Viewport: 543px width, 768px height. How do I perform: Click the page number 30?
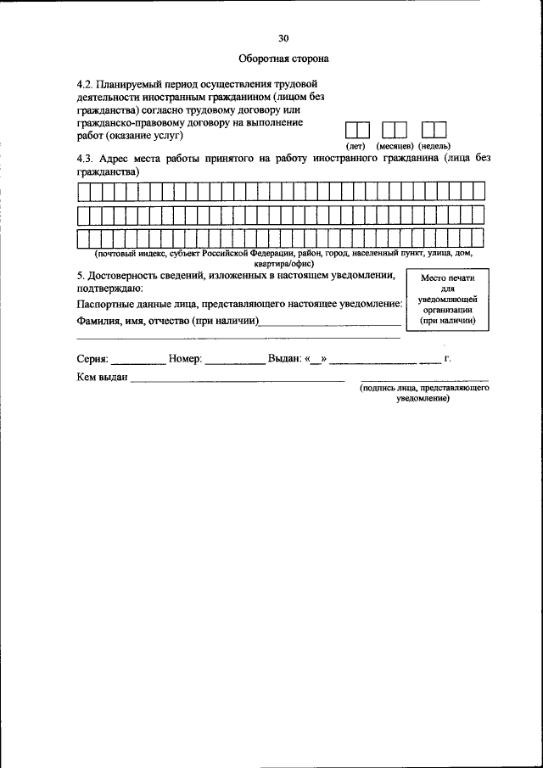tap(283, 37)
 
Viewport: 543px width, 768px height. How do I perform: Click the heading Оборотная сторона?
tap(283, 59)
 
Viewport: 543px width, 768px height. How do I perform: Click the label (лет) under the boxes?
tap(355, 146)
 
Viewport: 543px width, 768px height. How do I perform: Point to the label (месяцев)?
tap(395, 146)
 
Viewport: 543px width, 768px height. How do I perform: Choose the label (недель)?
tap(434, 146)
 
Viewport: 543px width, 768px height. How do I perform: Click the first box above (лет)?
tap(351, 130)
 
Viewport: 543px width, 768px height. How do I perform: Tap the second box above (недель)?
tap(439, 130)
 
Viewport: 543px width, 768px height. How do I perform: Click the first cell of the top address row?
tap(83, 192)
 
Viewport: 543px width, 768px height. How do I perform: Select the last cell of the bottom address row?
tap(478, 239)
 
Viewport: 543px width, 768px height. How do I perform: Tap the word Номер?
tap(185, 359)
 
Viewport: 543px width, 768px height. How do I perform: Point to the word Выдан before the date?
tap(284, 359)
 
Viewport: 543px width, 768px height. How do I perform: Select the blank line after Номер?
tap(235, 361)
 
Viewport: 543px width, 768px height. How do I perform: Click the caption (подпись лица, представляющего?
tap(423, 388)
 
